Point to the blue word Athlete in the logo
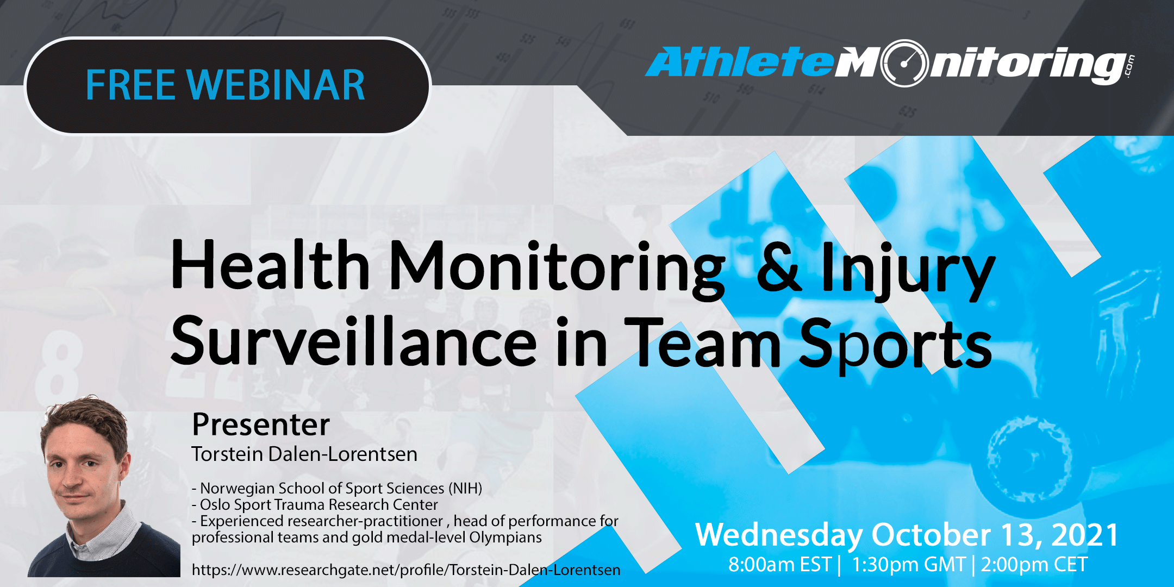click(x=739, y=62)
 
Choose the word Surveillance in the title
click(x=354, y=342)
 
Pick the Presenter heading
click(x=261, y=424)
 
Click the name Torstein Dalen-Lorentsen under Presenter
click(x=304, y=454)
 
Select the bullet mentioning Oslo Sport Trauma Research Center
click(x=315, y=504)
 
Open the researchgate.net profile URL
click(x=405, y=570)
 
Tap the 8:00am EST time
click(x=779, y=565)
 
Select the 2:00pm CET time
click(x=1034, y=565)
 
